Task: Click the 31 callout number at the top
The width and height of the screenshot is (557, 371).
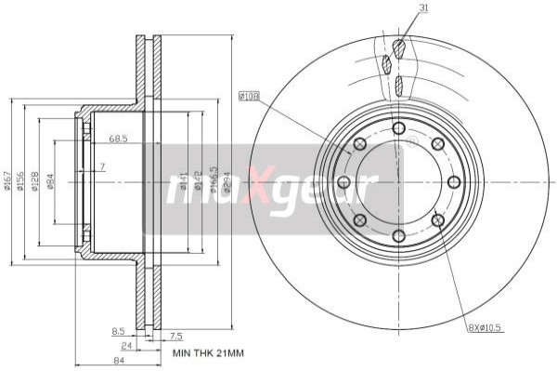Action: (x=398, y=9)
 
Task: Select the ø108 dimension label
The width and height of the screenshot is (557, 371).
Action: (x=249, y=95)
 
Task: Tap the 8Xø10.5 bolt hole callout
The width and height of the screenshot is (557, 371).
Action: (x=483, y=326)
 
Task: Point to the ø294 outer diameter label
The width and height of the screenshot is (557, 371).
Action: (x=228, y=182)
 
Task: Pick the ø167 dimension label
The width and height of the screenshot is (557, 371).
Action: (x=7, y=180)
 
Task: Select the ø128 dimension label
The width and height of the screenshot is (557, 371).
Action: (x=35, y=180)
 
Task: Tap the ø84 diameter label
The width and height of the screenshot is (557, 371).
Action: (x=50, y=180)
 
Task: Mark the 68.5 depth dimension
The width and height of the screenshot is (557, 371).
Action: (x=118, y=139)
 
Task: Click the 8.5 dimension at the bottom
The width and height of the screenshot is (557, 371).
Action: (x=118, y=330)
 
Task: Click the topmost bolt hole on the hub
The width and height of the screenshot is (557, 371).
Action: (x=398, y=127)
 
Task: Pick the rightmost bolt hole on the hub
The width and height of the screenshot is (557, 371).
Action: (x=453, y=181)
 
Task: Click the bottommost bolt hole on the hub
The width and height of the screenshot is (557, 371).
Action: (x=398, y=236)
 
